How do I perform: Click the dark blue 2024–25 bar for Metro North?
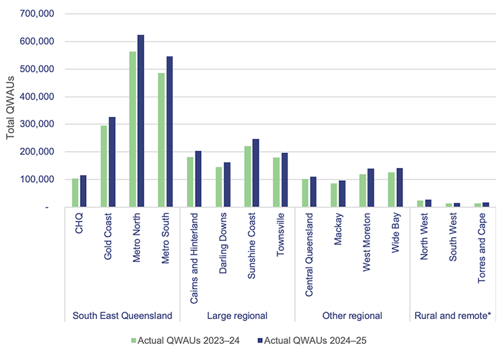tap(140, 121)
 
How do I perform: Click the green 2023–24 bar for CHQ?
tap(75, 193)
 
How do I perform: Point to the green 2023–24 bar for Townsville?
tap(276, 182)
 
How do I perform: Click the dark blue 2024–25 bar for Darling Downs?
tap(226, 185)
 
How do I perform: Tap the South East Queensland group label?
tap(122, 316)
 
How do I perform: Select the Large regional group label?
tap(237, 316)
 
